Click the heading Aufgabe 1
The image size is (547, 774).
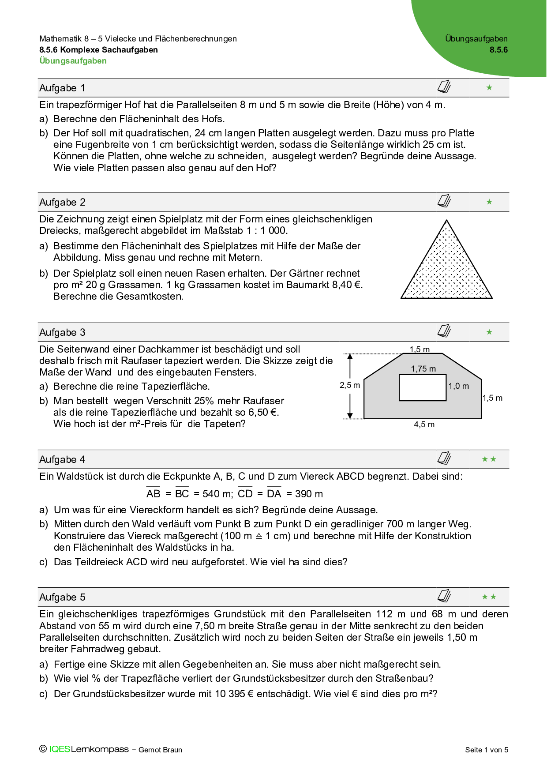(x=62, y=88)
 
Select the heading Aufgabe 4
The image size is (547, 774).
(x=62, y=460)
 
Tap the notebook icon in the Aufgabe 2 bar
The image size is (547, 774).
(x=444, y=201)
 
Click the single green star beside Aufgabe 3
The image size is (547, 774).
(x=489, y=332)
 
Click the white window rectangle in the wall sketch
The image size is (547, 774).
(x=423, y=388)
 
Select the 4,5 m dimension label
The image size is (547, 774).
(x=424, y=425)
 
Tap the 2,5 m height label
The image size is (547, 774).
(x=349, y=385)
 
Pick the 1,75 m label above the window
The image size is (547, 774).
(x=423, y=369)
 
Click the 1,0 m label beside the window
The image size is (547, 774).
(x=459, y=386)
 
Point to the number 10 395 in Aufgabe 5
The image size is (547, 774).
(x=230, y=694)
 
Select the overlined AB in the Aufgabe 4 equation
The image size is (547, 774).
(x=153, y=494)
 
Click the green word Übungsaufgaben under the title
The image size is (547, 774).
(x=73, y=61)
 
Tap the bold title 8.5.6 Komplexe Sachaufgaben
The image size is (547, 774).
(x=98, y=50)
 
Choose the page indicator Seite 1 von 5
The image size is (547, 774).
(x=487, y=750)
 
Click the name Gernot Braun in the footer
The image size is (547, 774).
(x=160, y=750)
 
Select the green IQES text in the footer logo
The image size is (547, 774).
(x=60, y=749)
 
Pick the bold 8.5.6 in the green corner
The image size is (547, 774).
(x=498, y=50)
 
